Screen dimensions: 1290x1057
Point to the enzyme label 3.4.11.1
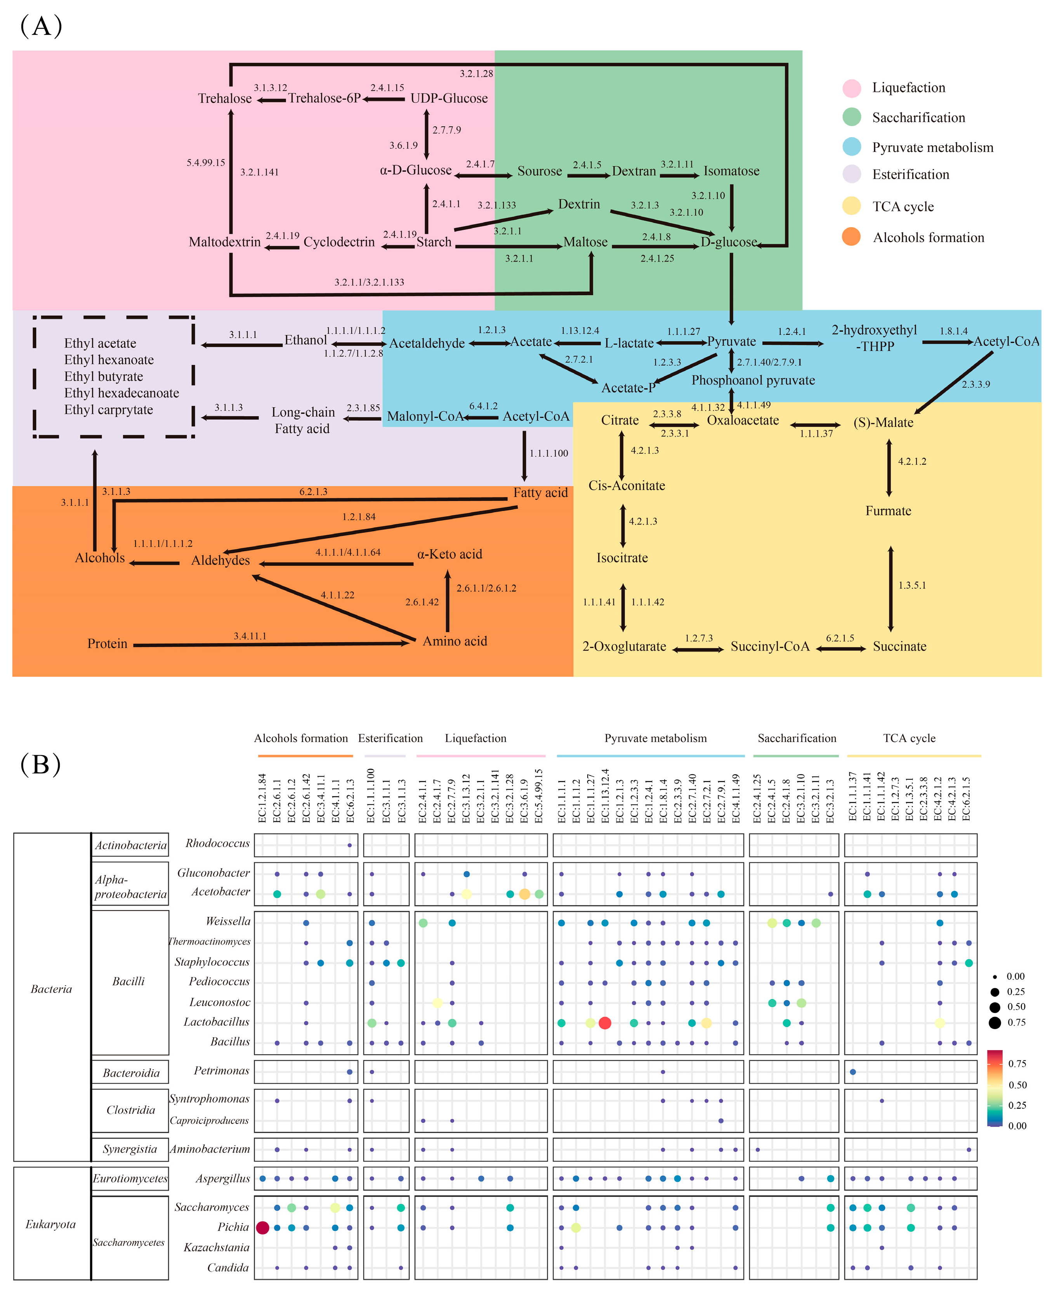click(x=250, y=636)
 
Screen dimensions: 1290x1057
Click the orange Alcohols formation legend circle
click(x=851, y=237)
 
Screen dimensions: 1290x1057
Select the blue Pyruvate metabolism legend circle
click(x=851, y=147)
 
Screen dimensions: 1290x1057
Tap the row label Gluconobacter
click(x=213, y=873)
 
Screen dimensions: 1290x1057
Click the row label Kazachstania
click(x=216, y=1247)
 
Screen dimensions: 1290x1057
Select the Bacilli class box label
click(x=128, y=981)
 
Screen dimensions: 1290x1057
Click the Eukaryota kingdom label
click(x=50, y=1224)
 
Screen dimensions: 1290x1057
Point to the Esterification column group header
click(x=390, y=738)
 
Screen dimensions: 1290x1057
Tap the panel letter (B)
click(x=41, y=764)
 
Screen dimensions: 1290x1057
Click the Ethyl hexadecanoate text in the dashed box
click(x=122, y=393)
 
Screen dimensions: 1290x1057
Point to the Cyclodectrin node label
click(x=339, y=242)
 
